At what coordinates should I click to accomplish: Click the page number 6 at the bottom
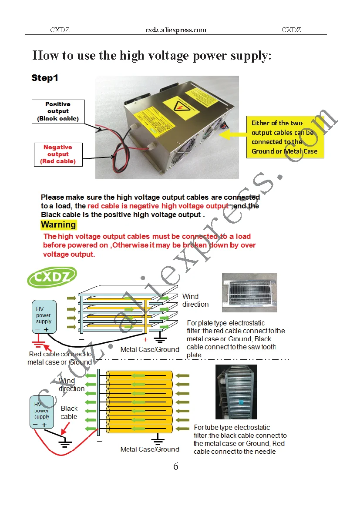(x=176, y=466)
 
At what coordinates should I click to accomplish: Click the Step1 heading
(x=45, y=78)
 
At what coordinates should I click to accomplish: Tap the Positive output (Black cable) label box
(x=57, y=111)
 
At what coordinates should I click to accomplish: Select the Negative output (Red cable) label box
(x=58, y=154)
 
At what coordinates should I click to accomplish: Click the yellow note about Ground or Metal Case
(x=285, y=137)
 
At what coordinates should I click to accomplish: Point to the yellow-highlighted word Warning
(x=58, y=225)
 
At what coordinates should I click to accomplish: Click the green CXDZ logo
(x=52, y=277)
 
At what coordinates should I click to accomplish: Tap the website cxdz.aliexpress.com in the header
(x=176, y=30)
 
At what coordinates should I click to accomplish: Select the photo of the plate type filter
(x=249, y=292)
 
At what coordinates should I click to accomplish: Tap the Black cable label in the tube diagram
(x=69, y=412)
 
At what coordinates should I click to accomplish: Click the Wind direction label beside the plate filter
(x=195, y=300)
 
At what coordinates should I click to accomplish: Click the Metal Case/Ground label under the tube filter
(x=150, y=449)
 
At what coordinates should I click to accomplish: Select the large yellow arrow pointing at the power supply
(x=230, y=135)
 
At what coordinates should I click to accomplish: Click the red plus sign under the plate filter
(x=145, y=340)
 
